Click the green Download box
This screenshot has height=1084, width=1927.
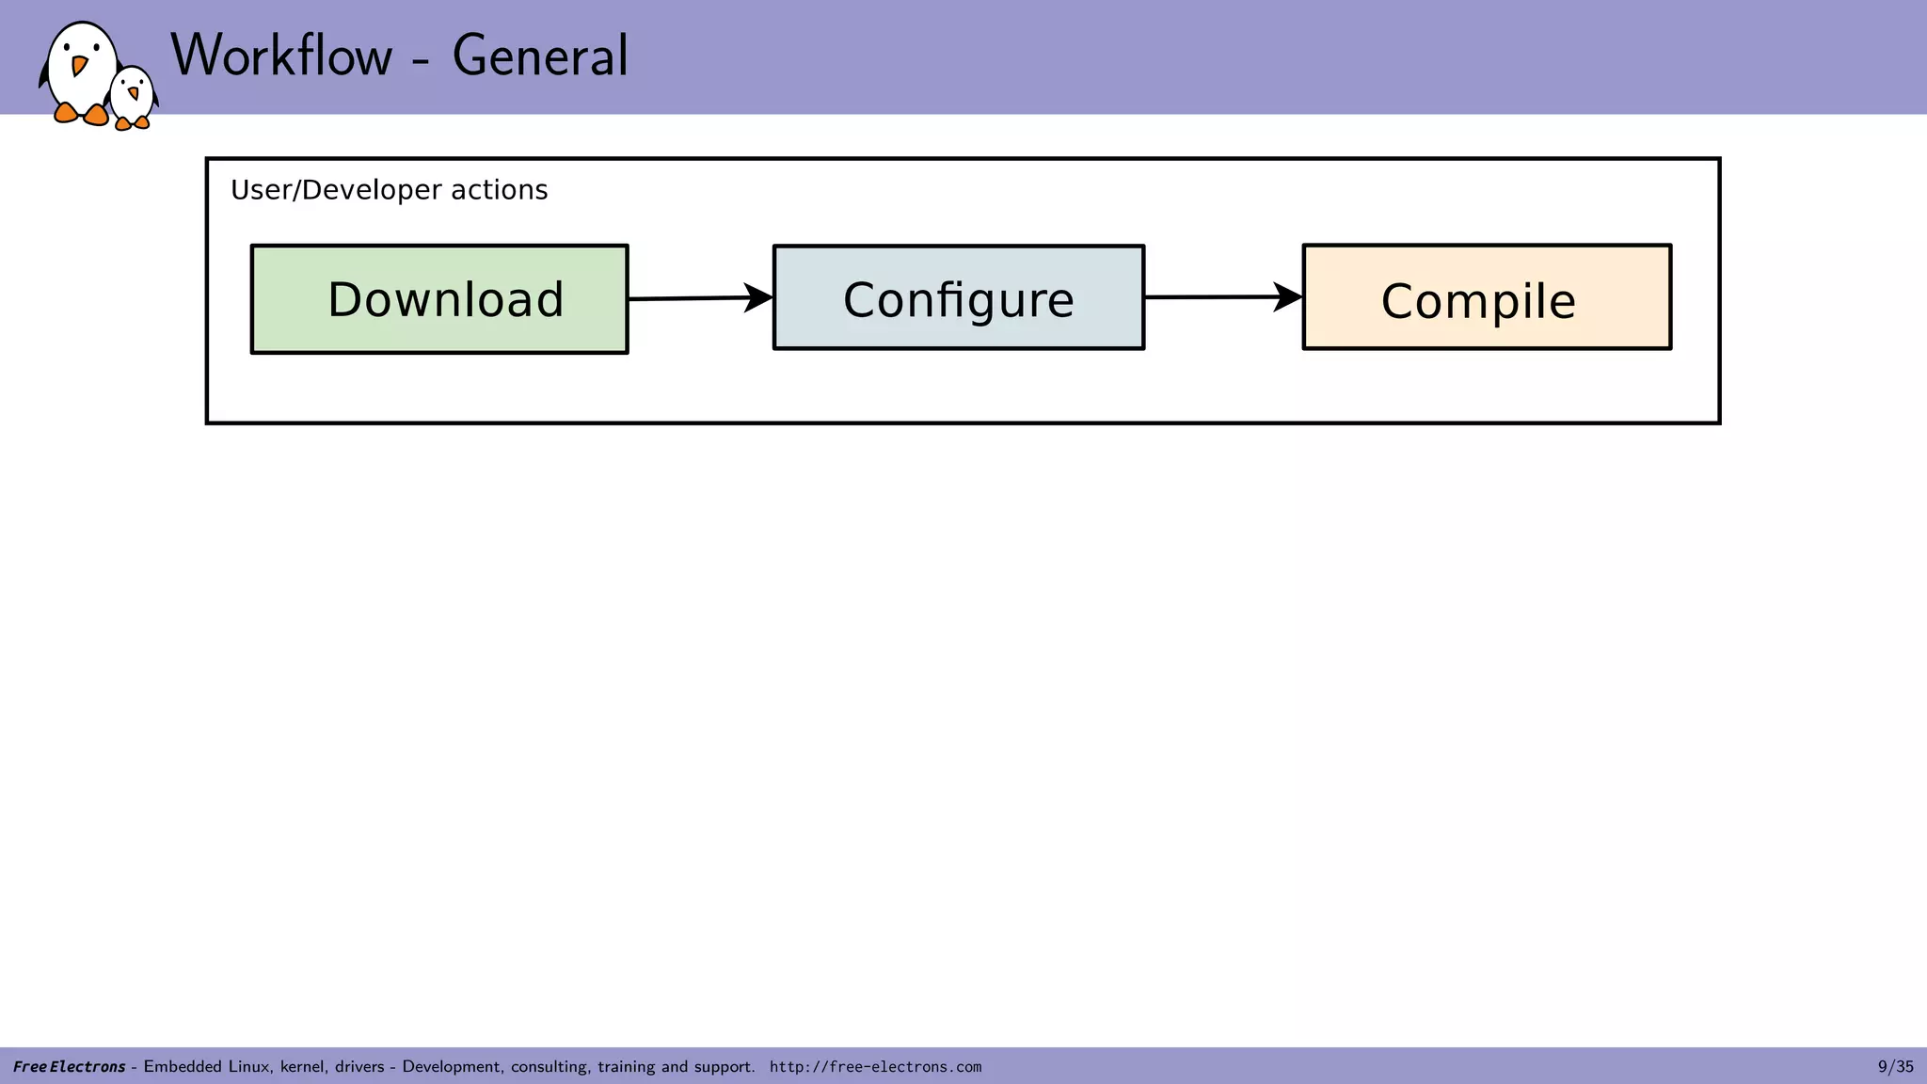[x=439, y=299]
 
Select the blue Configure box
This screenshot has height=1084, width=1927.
[x=958, y=298]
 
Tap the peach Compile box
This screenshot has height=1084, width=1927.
[x=1487, y=297]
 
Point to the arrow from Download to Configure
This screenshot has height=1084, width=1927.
[x=700, y=298]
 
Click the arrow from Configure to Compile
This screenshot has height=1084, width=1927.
[x=1223, y=297]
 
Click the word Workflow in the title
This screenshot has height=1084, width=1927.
[x=281, y=56]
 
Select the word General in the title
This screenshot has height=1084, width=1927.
[x=540, y=56]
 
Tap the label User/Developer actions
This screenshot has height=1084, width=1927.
[x=389, y=190]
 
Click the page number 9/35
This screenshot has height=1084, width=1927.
[x=1895, y=1066]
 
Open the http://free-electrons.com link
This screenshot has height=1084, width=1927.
[x=875, y=1067]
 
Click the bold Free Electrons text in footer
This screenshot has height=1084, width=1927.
[x=69, y=1067]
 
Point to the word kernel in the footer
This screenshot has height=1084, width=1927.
[x=301, y=1067]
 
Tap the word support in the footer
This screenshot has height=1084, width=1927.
[x=723, y=1067]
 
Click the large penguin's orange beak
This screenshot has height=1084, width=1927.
[x=79, y=65]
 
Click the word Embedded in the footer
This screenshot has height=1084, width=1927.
[x=182, y=1067]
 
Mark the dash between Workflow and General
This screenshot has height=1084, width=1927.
[x=422, y=62]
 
